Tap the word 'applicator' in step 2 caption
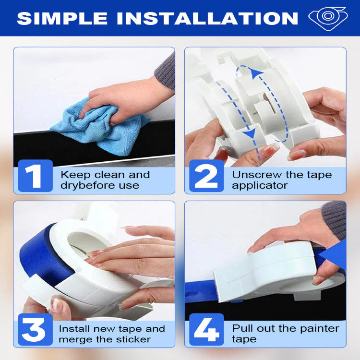[x=259, y=185]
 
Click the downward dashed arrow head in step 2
[x=249, y=134]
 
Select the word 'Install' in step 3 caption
[x=73, y=329]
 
